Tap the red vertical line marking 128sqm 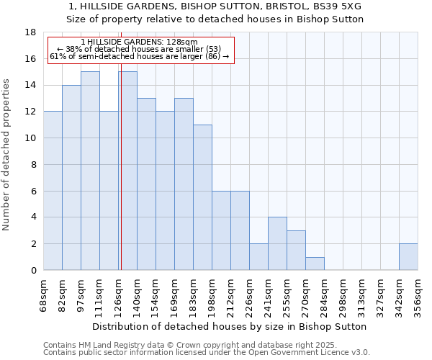click(121, 180)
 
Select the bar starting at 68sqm click(53, 191)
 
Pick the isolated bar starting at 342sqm click(408, 257)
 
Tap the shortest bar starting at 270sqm click(315, 264)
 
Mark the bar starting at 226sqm click(258, 257)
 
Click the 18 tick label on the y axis click(31, 32)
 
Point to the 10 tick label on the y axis click(31, 138)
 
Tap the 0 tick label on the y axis click(34, 271)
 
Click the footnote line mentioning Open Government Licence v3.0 click(207, 353)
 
